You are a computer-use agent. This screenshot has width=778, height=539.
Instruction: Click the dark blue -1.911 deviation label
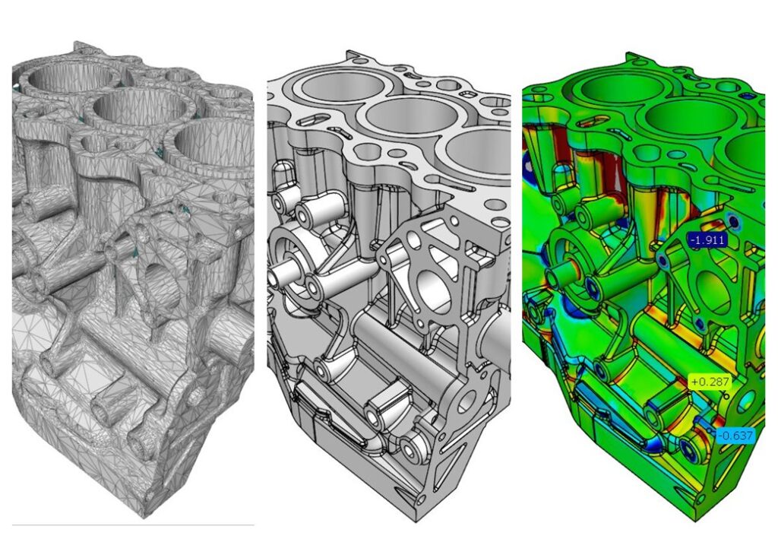pyautogui.click(x=707, y=240)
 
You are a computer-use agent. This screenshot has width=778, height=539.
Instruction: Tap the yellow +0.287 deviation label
pyautogui.click(x=710, y=382)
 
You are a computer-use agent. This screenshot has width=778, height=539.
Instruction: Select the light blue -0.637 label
pyautogui.click(x=735, y=436)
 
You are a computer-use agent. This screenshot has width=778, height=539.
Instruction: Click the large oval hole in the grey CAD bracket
pyautogui.click(x=434, y=290)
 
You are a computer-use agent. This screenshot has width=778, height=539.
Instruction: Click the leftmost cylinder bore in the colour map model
pyautogui.click(x=610, y=90)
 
